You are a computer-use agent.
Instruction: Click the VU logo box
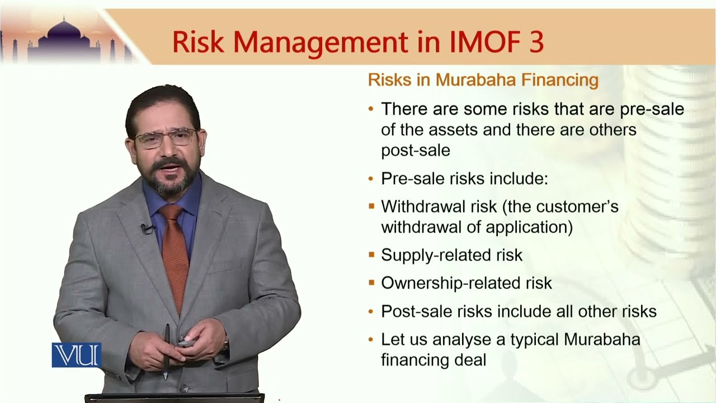click(76, 355)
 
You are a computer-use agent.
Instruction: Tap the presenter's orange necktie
click(175, 252)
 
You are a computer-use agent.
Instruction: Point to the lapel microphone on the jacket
click(147, 228)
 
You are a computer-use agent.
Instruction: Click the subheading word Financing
click(559, 80)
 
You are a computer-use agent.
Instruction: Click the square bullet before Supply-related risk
click(371, 255)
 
